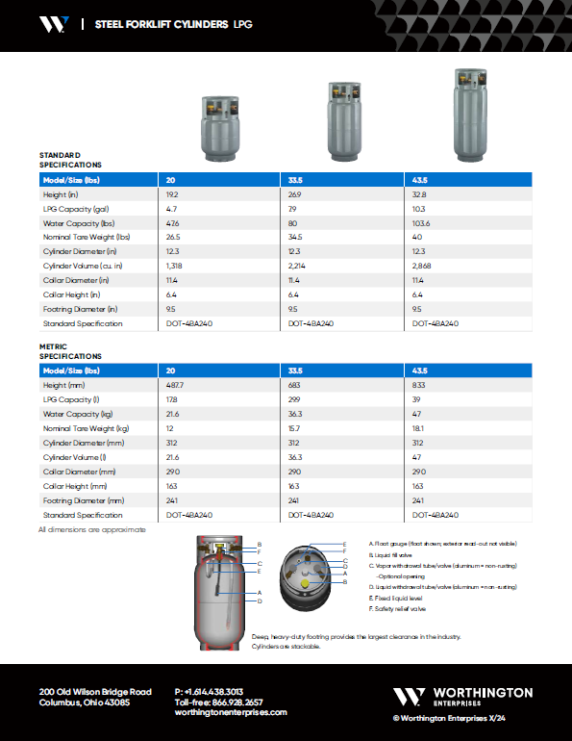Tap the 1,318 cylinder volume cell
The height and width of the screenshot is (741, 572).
coord(177,266)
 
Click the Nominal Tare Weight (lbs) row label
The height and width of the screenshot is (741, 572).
coord(87,237)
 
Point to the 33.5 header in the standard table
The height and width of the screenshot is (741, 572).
coord(295,179)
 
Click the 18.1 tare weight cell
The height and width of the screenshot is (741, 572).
coord(419,427)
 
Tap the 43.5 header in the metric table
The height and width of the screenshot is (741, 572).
coord(419,370)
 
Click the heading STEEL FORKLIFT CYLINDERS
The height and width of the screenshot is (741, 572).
coord(162,24)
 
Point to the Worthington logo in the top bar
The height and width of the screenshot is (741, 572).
coord(54,24)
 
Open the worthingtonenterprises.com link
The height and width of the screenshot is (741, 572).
coord(231,712)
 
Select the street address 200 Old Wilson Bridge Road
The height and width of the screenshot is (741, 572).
coord(95,692)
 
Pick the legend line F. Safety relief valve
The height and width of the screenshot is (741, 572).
coord(399,608)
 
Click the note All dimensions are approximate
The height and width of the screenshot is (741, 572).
coord(92,529)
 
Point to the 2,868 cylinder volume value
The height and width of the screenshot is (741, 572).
coord(423,266)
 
